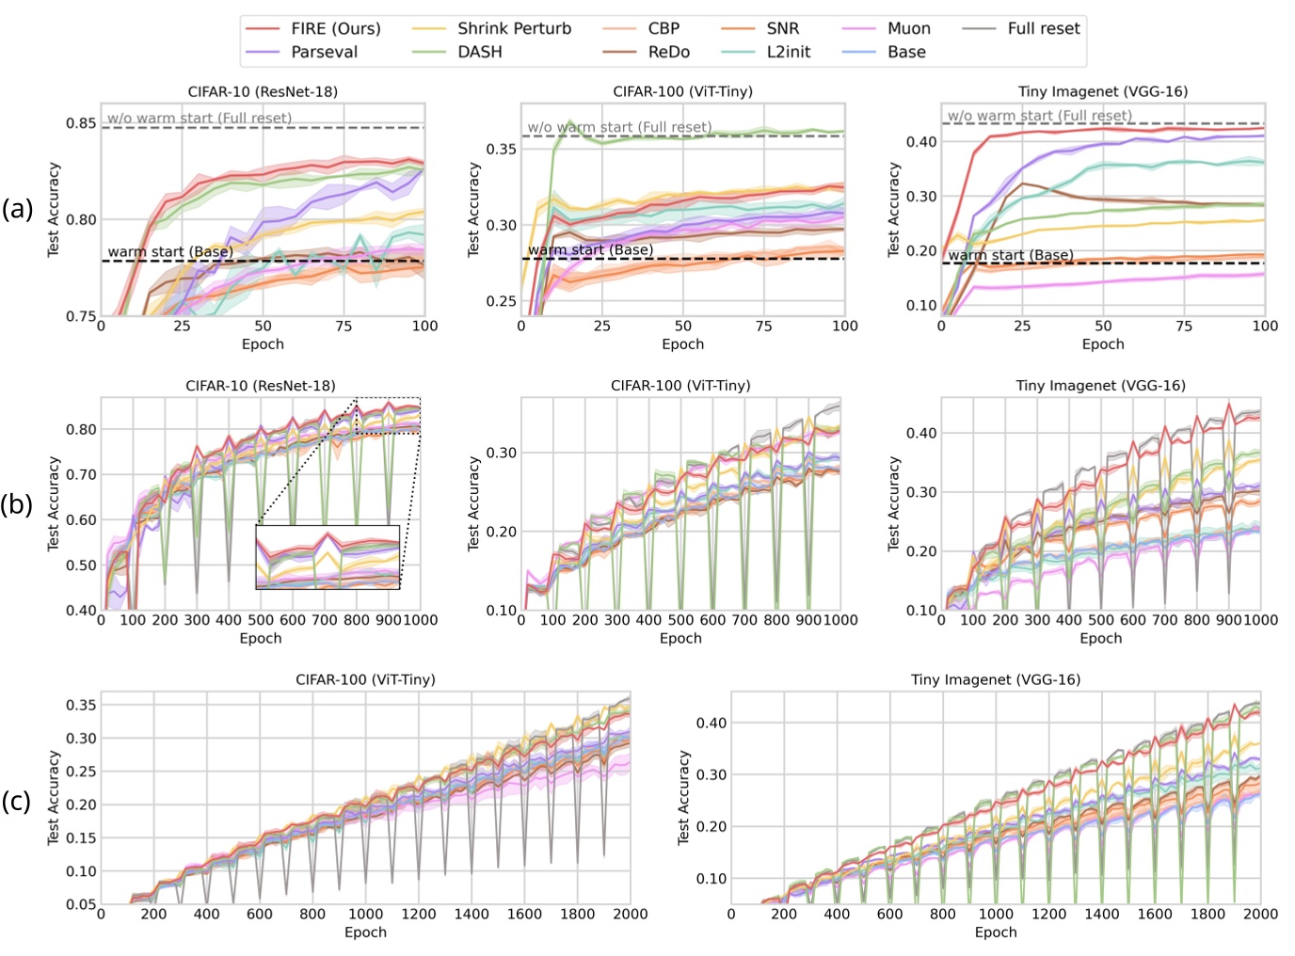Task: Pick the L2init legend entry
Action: tap(788, 53)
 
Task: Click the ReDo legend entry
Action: tap(668, 53)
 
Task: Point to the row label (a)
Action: tap(17, 209)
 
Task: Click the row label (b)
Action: tap(17, 504)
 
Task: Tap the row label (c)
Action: tap(17, 801)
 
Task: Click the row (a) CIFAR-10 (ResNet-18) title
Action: tap(263, 92)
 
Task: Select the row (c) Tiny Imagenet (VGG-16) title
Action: tap(995, 679)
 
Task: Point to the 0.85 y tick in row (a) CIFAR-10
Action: tap(80, 123)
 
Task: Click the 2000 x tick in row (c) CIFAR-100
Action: tap(630, 914)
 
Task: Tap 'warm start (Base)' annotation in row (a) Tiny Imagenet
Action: tap(1010, 255)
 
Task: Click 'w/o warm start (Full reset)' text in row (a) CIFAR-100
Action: tap(619, 127)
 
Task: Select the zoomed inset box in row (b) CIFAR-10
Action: tap(328, 557)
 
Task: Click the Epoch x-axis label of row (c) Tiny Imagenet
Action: tap(995, 932)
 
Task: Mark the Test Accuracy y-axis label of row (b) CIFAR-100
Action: tap(474, 503)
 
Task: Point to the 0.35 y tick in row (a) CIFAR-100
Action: tap(501, 149)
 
